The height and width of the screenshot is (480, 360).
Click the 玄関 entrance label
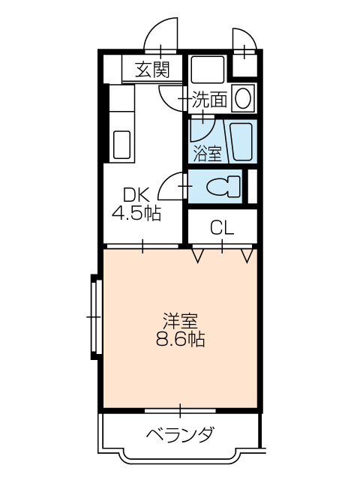[x=152, y=70]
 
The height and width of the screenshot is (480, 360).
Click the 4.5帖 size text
[x=136, y=214]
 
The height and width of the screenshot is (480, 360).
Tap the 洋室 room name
[x=180, y=321]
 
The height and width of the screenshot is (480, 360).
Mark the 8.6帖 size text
[x=180, y=340]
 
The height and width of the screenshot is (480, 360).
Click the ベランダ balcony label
[x=180, y=434]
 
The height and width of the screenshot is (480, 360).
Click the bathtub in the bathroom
[x=242, y=142]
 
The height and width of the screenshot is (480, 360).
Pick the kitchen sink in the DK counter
[x=121, y=144]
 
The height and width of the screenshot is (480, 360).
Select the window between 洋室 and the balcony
[x=180, y=410]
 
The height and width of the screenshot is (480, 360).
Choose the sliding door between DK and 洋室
[x=142, y=245]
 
